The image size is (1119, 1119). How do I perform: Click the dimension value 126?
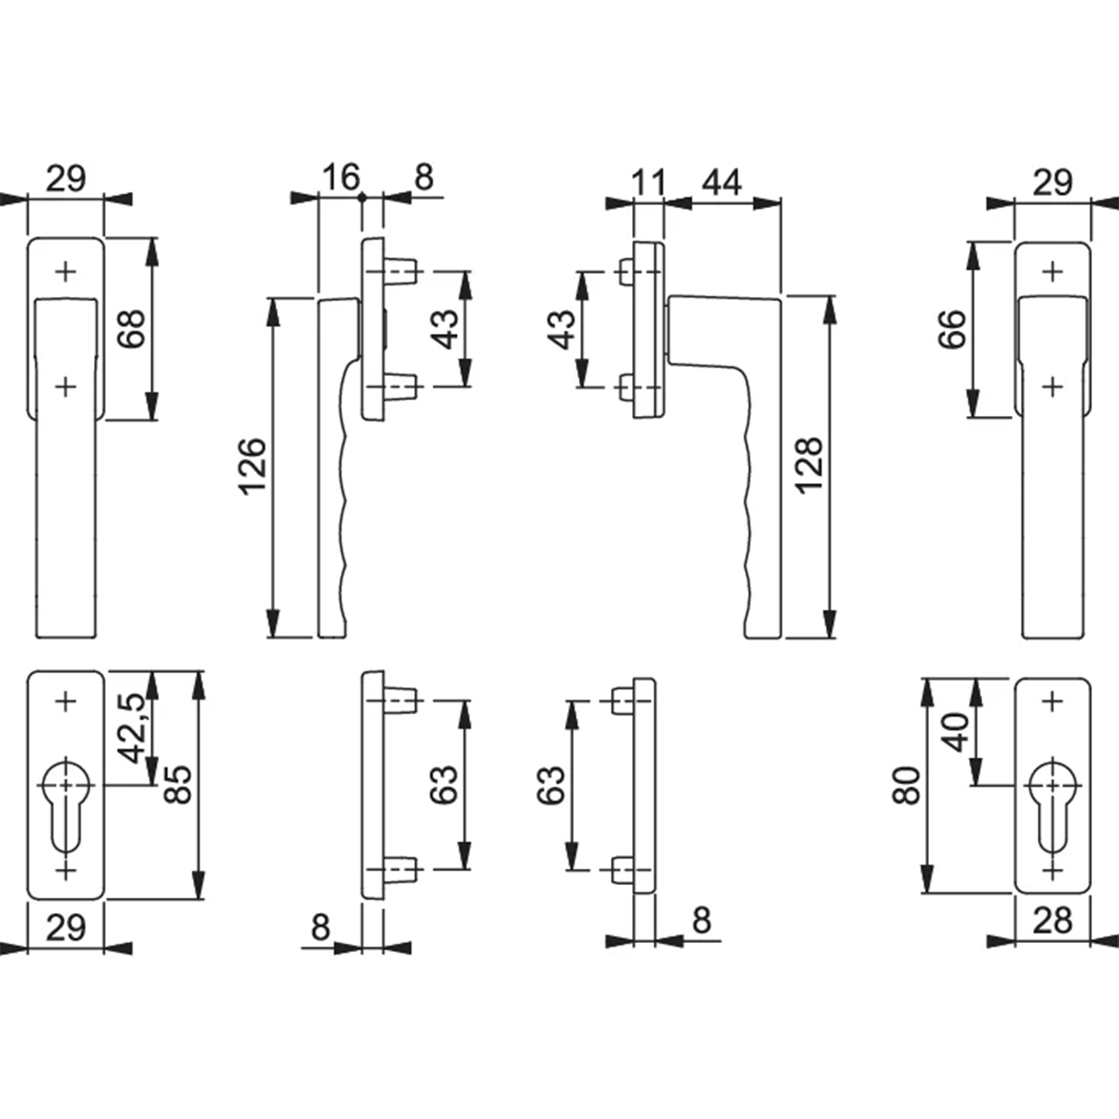(x=253, y=467)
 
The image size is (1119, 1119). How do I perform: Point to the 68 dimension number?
(x=131, y=328)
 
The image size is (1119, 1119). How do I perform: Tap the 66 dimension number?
(x=952, y=328)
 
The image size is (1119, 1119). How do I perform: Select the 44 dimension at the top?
(x=722, y=183)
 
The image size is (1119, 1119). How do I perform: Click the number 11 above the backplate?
(x=648, y=183)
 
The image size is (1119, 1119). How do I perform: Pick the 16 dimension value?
(x=341, y=177)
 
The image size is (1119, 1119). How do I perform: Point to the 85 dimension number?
(x=177, y=784)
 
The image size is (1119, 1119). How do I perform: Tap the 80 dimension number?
(x=906, y=786)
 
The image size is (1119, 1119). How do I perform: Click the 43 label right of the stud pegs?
(x=446, y=329)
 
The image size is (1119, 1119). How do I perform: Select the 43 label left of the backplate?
(x=562, y=329)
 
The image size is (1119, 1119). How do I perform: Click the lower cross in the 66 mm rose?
(x=1052, y=386)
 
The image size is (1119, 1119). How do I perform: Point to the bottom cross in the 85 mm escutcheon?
(x=65, y=870)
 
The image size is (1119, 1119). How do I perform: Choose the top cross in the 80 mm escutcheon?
(x=1052, y=702)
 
